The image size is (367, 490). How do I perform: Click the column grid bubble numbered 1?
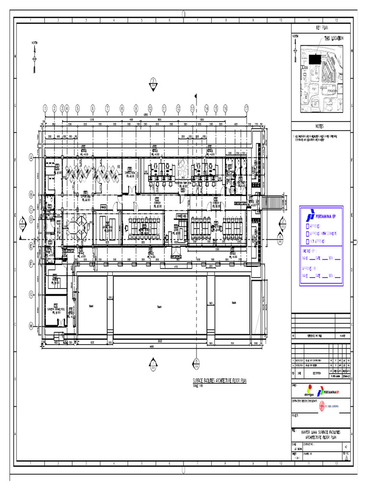(45, 108)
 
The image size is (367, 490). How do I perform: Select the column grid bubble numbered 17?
(247, 108)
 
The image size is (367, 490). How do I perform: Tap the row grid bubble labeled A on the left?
(31, 157)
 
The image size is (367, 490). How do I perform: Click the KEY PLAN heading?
(323, 28)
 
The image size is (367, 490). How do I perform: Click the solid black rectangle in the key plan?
(314, 59)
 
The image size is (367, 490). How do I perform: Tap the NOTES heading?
(320, 127)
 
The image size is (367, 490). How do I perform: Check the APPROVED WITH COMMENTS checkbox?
(307, 234)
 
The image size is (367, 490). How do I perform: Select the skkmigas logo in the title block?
(312, 390)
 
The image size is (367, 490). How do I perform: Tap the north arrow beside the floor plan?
(34, 58)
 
